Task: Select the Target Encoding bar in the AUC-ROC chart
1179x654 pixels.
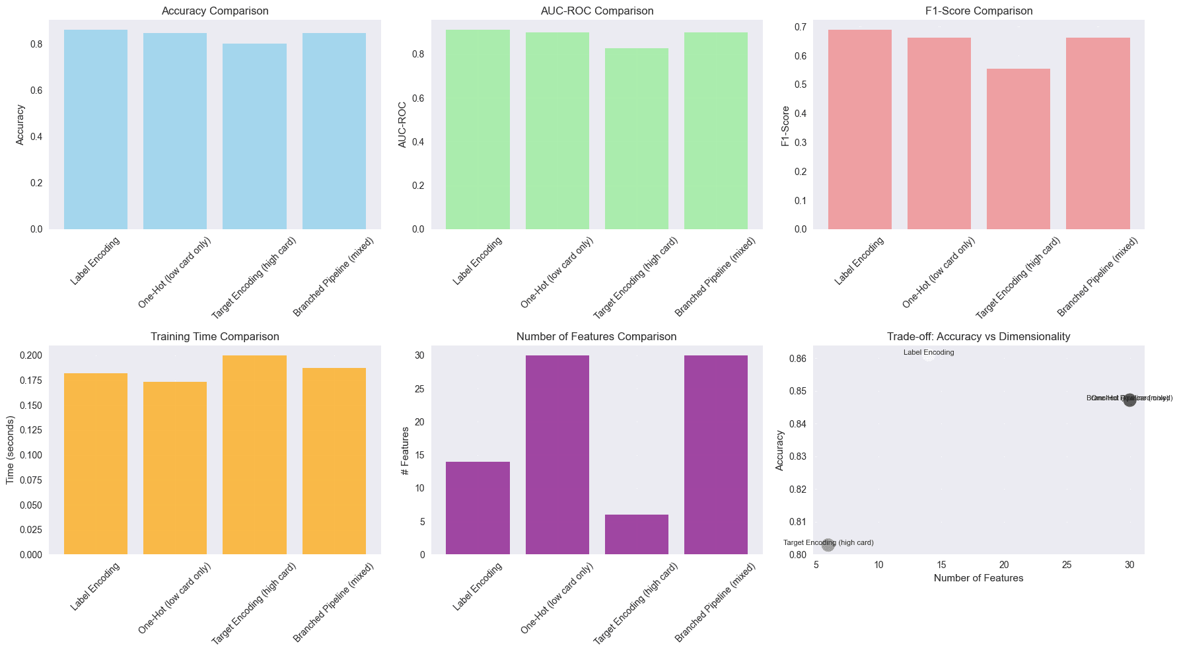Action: pyautogui.click(x=636, y=139)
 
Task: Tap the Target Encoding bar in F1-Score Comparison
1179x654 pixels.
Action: pyautogui.click(x=1018, y=149)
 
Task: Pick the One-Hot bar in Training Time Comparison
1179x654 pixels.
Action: pyautogui.click(x=175, y=468)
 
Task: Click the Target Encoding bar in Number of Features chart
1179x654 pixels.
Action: pyautogui.click(x=636, y=534)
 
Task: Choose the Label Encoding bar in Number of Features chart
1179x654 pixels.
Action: pyautogui.click(x=478, y=508)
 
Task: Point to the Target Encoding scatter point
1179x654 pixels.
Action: pyautogui.click(x=828, y=545)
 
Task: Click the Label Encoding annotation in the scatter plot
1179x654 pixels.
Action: pyautogui.click(x=929, y=353)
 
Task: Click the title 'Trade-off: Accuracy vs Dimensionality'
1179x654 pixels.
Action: pyautogui.click(x=978, y=337)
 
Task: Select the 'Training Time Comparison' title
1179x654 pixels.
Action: pyautogui.click(x=215, y=337)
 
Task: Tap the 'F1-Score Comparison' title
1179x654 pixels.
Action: pyautogui.click(x=979, y=11)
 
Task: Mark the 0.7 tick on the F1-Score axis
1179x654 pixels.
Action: pyautogui.click(x=801, y=27)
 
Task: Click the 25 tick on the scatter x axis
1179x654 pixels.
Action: pyautogui.click(x=1067, y=565)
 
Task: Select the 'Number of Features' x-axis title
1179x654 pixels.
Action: pyautogui.click(x=978, y=579)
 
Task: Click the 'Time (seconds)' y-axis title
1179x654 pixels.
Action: pyautogui.click(x=11, y=450)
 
